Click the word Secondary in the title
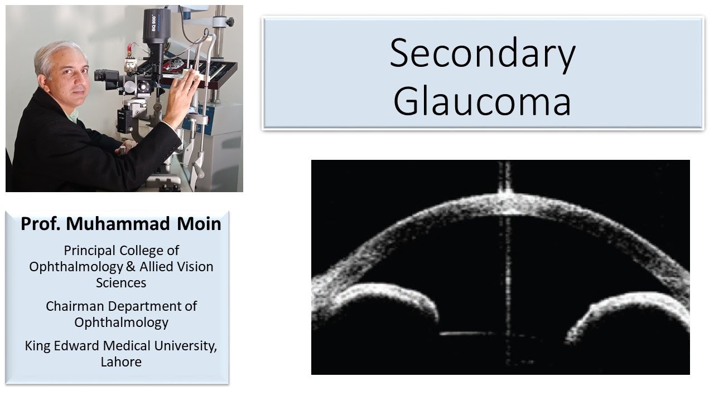482,54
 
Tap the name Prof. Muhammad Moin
121,224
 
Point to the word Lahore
121,362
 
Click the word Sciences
121,282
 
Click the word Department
147,306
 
